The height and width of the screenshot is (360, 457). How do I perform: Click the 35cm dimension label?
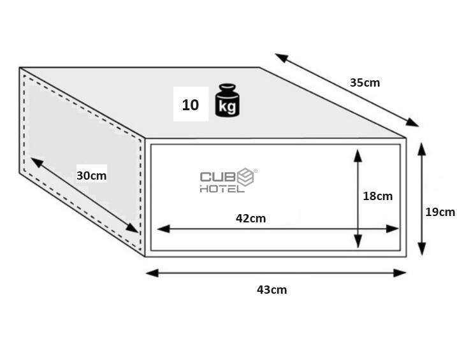click(x=365, y=83)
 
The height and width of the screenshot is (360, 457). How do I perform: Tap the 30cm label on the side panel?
click(x=92, y=176)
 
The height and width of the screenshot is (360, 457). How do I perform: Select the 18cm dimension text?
click(x=378, y=196)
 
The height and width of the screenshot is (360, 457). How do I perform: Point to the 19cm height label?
click(x=440, y=212)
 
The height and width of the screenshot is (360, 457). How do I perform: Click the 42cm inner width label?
click(x=251, y=218)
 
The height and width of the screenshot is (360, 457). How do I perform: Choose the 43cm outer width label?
click(x=272, y=290)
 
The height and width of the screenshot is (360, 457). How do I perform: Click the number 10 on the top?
click(x=191, y=105)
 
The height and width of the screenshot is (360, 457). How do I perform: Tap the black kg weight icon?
click(x=228, y=100)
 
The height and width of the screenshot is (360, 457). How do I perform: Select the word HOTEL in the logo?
click(x=222, y=189)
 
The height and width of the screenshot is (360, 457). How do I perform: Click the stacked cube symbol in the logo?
click(x=245, y=176)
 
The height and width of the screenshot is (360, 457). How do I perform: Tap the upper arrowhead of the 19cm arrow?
click(x=422, y=148)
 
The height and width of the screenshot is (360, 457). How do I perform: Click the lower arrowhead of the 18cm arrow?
click(x=358, y=241)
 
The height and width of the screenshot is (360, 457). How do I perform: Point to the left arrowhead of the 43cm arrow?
click(x=152, y=273)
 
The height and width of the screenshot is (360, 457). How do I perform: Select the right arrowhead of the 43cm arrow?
click(x=400, y=273)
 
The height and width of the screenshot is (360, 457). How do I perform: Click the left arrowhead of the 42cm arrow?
click(x=164, y=229)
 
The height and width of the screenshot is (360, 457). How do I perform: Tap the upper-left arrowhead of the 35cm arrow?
click(x=281, y=57)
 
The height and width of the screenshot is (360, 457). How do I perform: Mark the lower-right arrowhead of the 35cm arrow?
click(x=412, y=122)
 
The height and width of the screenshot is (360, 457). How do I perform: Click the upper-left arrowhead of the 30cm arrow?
click(x=37, y=162)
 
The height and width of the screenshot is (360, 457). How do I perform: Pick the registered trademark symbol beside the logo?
click(x=256, y=171)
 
